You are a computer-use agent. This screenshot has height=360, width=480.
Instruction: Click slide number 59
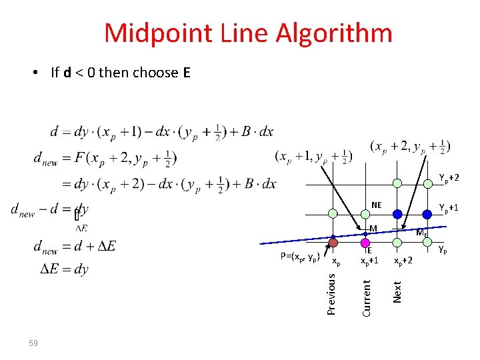click(x=33, y=343)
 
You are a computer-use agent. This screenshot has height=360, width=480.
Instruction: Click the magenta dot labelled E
click(x=365, y=243)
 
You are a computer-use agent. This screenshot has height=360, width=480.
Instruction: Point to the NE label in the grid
click(x=377, y=205)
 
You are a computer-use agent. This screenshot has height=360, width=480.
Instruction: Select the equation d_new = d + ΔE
click(x=74, y=246)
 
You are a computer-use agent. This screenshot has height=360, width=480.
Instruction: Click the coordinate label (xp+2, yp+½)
click(x=410, y=146)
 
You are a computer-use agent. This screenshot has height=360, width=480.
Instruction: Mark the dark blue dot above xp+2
click(x=397, y=214)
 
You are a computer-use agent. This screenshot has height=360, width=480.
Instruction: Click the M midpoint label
click(x=373, y=229)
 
